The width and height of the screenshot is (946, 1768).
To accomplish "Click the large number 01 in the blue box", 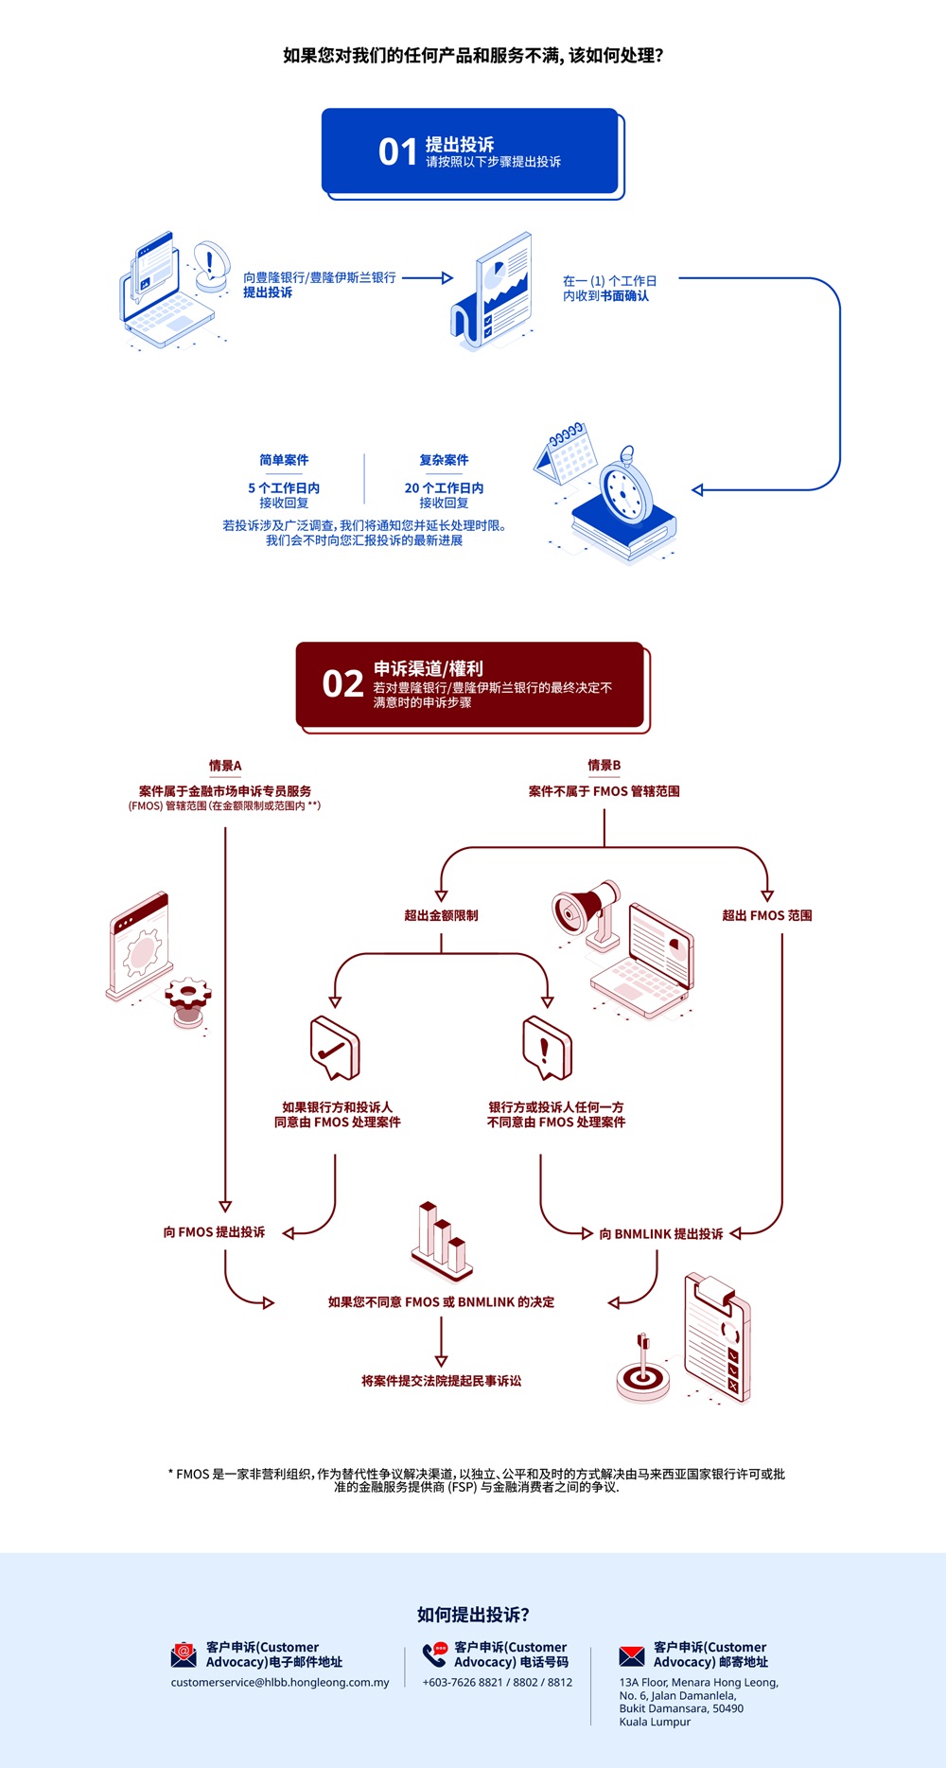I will pos(397,151).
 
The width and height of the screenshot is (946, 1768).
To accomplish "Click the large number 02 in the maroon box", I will pos(342,683).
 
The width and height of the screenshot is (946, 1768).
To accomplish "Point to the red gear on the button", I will pos(187,996).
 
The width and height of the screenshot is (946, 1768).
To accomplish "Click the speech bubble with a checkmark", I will pos(334,1049).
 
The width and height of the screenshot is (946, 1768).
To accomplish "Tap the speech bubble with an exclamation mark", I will pos(547,1049).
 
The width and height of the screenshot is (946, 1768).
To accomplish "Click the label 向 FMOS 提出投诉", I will pos(214,1232).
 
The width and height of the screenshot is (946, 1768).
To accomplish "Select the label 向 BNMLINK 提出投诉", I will pos(660,1234).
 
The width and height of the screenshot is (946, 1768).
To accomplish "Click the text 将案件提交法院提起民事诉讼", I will pos(441,1381).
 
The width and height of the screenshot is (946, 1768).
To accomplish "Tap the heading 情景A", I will pos(225,766).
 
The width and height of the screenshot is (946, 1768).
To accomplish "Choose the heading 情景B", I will pos(604,766).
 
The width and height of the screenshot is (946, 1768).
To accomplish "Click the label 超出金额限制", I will pos(441,915).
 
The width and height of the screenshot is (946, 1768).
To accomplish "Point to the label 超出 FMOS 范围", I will pos(766,915).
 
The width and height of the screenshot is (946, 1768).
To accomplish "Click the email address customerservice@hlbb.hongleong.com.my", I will pos(280,1682).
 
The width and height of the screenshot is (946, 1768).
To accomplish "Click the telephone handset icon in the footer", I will pos(434,1655).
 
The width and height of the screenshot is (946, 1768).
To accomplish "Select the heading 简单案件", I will pos(284,460).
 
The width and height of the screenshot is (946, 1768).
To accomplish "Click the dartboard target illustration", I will pos(642,1374).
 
